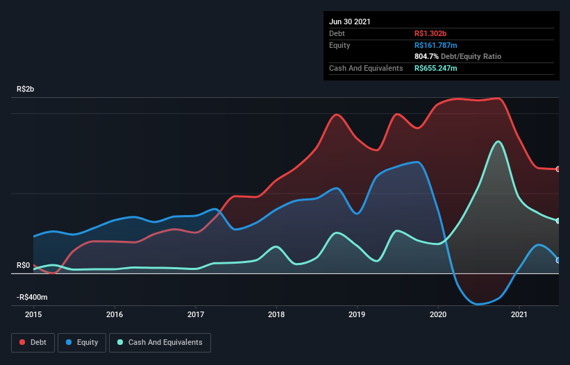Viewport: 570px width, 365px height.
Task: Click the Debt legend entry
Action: click(x=34, y=342)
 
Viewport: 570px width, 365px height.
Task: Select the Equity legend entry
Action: click(x=82, y=342)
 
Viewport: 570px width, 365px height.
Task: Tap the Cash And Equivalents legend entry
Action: click(x=159, y=342)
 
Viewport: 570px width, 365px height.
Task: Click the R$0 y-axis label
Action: click(x=24, y=265)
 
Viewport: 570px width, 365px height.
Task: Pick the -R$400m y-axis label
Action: click(x=33, y=297)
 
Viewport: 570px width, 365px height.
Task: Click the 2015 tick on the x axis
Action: click(x=33, y=314)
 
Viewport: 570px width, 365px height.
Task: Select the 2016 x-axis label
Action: click(x=115, y=314)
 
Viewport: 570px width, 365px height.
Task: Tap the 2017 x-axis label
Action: click(x=196, y=314)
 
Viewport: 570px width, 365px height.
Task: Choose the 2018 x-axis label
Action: click(x=276, y=314)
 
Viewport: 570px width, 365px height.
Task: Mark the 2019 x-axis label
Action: click(x=358, y=314)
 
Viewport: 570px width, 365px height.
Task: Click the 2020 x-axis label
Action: click(x=438, y=314)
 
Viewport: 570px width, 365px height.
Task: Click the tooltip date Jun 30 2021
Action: click(x=350, y=22)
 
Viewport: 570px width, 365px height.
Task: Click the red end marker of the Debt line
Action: click(x=558, y=169)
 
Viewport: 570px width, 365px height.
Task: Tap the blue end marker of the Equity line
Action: click(x=558, y=260)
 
